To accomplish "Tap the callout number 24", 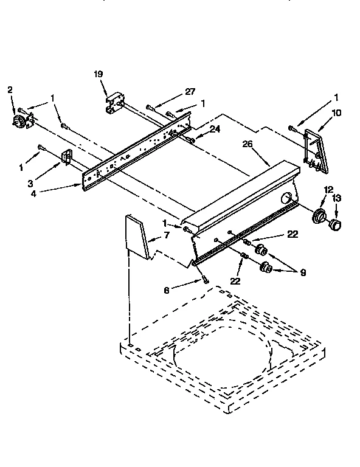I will click(214, 128).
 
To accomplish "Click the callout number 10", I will click(336, 112).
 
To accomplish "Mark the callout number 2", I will click(10, 90).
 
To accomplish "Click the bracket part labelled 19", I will click(114, 102).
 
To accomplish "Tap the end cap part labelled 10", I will click(316, 148).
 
